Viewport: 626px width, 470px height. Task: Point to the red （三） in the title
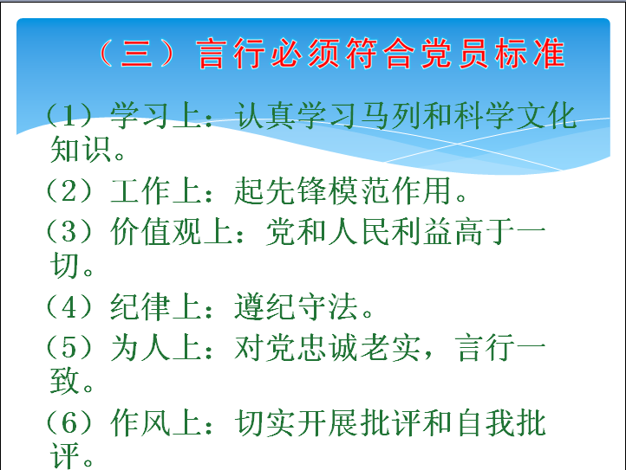click(x=136, y=54)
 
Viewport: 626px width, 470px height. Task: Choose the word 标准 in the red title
click(x=530, y=54)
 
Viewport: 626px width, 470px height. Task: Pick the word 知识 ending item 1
click(x=81, y=150)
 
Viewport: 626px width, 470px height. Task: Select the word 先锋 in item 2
click(x=297, y=191)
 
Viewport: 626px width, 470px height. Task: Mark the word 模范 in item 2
click(x=359, y=191)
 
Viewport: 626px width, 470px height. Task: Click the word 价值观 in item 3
click(x=156, y=232)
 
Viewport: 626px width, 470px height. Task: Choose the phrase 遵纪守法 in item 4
click(x=296, y=306)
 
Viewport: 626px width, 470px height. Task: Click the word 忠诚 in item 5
click(x=328, y=348)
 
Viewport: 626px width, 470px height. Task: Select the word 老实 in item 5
click(x=390, y=348)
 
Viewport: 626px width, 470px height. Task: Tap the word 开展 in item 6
click(x=328, y=423)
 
